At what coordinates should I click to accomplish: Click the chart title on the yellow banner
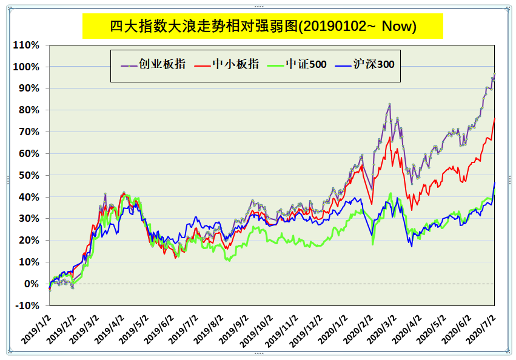click(263, 26)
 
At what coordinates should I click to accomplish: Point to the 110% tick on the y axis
click(26, 45)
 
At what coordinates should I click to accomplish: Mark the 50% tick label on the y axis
click(28, 175)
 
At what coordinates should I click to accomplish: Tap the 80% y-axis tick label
click(28, 110)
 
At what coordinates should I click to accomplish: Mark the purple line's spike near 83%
click(389, 104)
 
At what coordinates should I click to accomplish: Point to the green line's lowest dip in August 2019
click(228, 261)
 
